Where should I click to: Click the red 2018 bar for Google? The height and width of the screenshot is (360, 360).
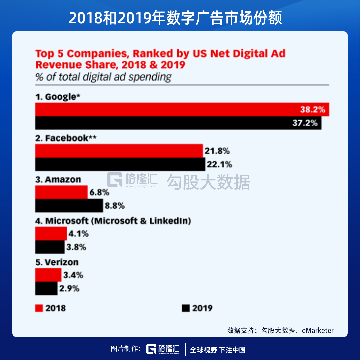point(167,110)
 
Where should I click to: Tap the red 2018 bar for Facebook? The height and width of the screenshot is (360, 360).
point(119,151)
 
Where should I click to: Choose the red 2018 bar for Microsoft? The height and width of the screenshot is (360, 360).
point(51,234)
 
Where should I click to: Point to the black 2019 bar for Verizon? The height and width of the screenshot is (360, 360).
point(46,288)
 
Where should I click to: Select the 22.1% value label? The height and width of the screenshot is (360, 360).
point(220,164)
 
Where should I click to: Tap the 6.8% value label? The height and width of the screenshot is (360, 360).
point(99,192)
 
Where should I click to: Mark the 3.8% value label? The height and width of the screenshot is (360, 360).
point(76,247)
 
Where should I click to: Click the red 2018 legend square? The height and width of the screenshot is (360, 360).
point(39,308)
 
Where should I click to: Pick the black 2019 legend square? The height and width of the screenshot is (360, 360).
point(186,308)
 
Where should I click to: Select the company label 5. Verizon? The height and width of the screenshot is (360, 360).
point(57,262)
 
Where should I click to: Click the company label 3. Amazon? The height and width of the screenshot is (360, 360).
point(58,180)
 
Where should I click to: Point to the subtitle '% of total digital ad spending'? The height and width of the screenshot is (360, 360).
point(103,77)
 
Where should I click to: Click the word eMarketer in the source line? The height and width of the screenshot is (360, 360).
point(318,330)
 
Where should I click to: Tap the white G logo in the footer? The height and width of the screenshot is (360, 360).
point(152,349)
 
